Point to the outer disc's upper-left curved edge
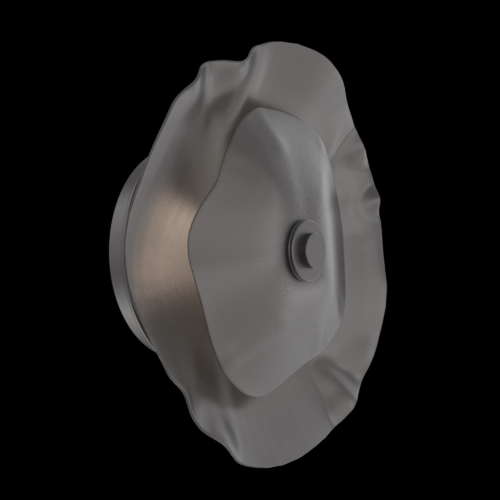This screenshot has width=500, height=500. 180,100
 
